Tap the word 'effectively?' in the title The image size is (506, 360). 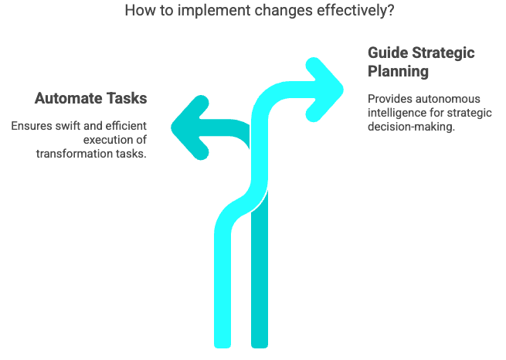point(355,10)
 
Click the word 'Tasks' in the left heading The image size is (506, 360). point(127,98)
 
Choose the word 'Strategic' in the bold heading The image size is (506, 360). point(443,53)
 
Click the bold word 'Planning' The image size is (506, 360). point(398,72)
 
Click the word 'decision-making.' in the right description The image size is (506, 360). point(411,127)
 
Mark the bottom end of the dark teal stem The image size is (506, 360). point(260,348)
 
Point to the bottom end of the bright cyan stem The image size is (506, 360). point(222,348)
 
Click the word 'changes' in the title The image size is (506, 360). point(284,11)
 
